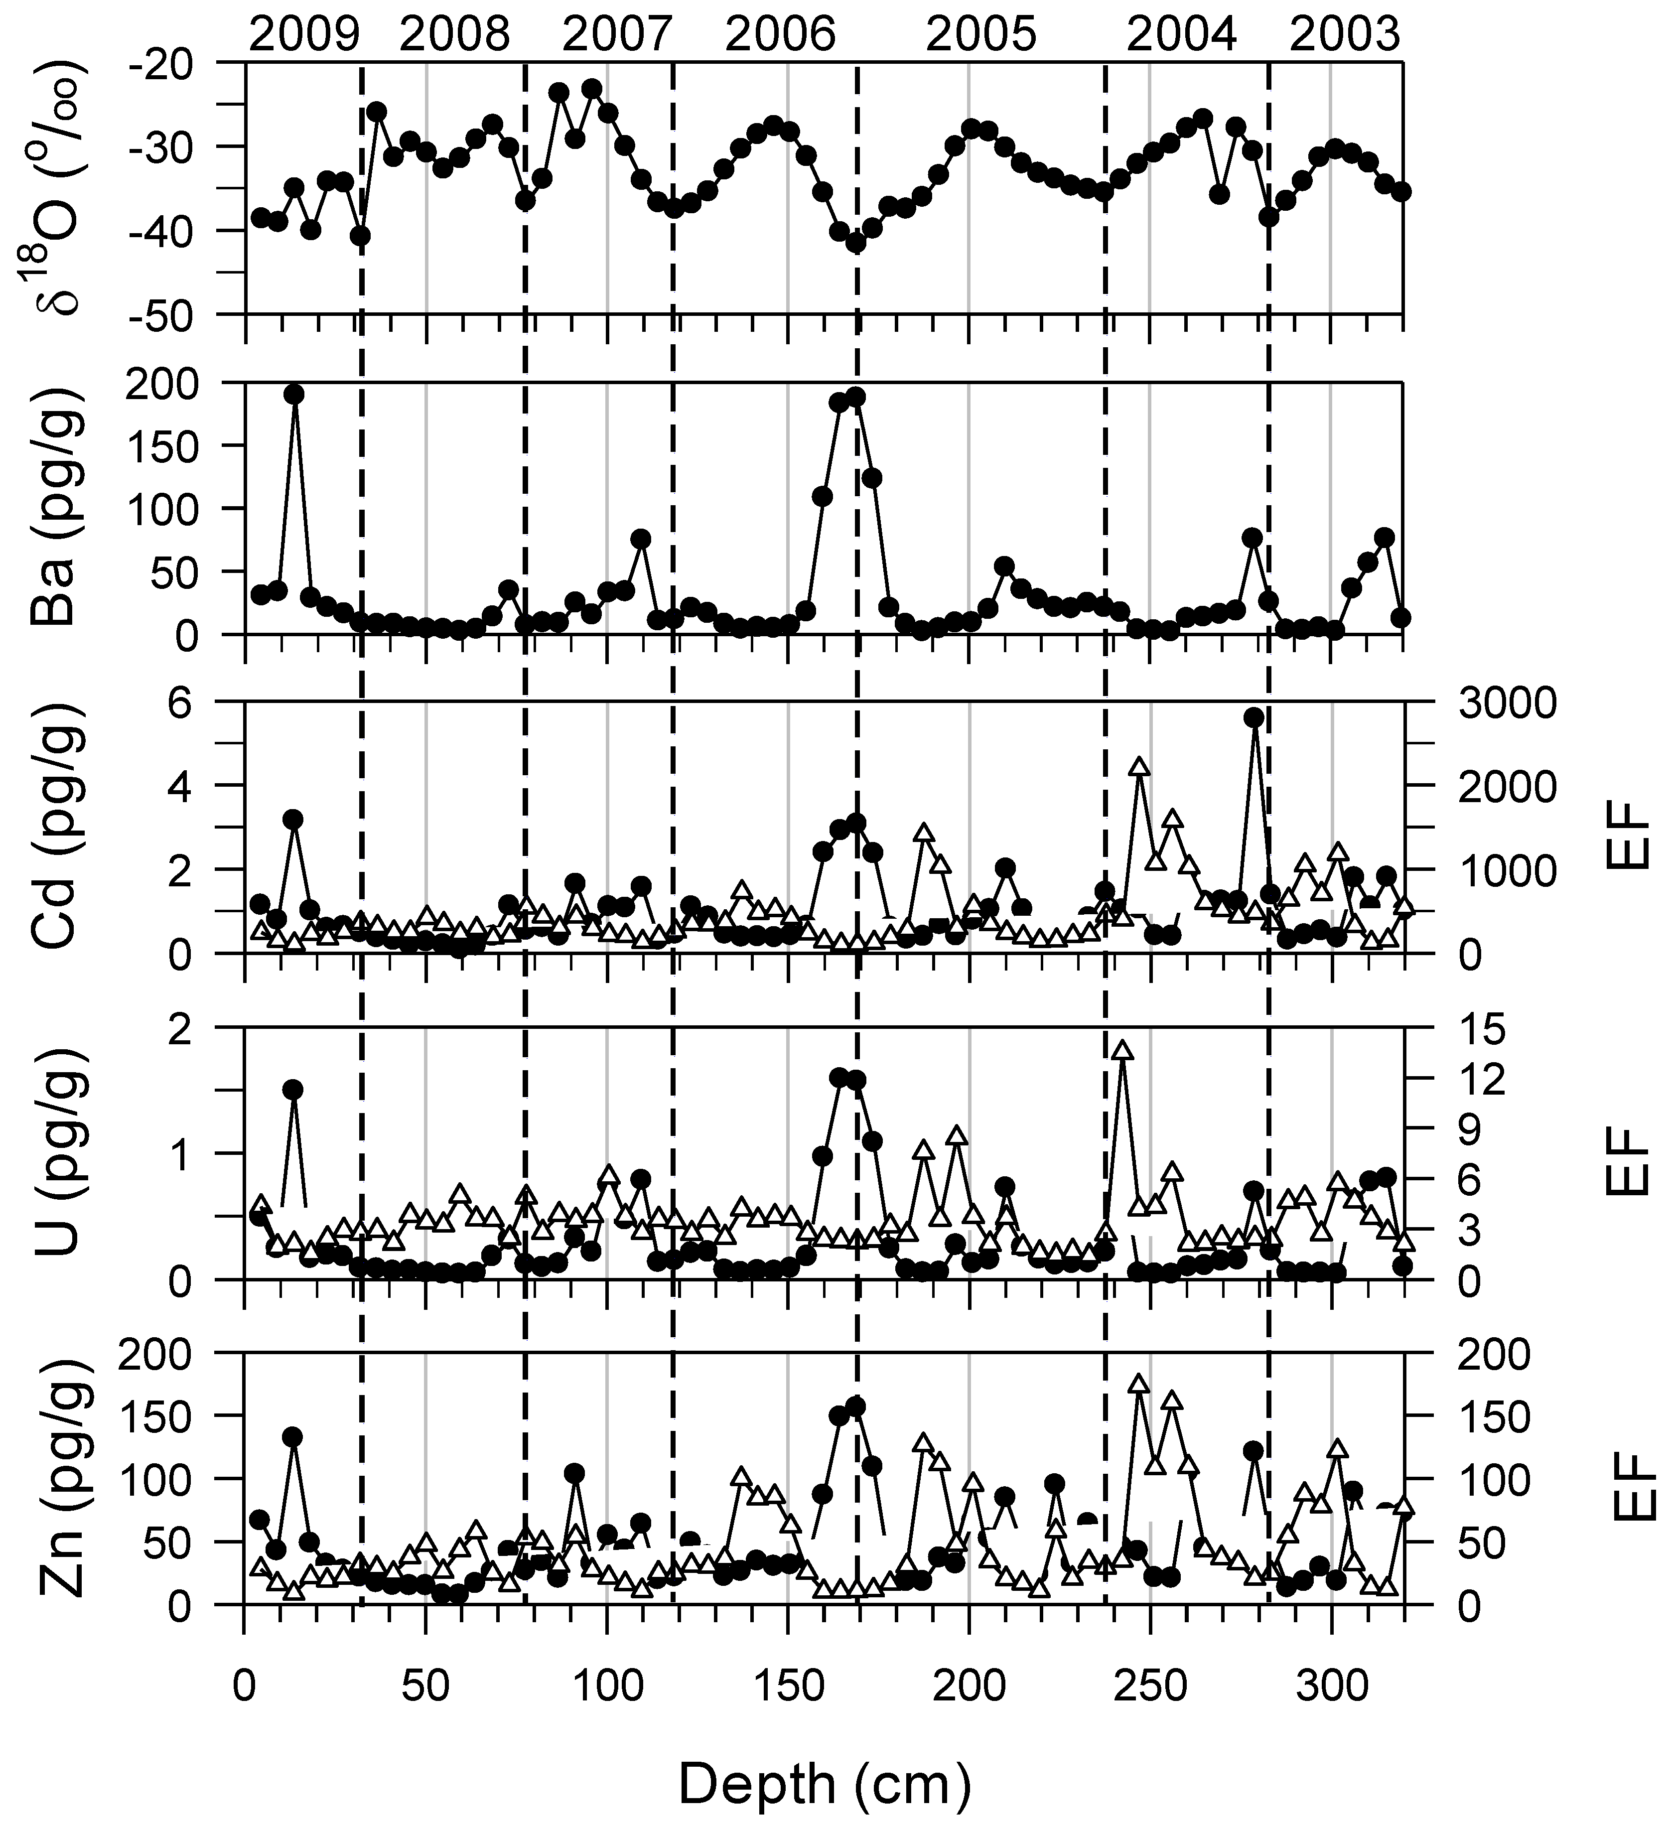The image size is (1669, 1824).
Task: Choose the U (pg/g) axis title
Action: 56,1153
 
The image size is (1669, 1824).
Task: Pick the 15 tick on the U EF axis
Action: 1482,1029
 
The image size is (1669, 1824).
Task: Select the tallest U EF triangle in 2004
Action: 1122,1050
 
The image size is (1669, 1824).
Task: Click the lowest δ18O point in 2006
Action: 856,243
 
